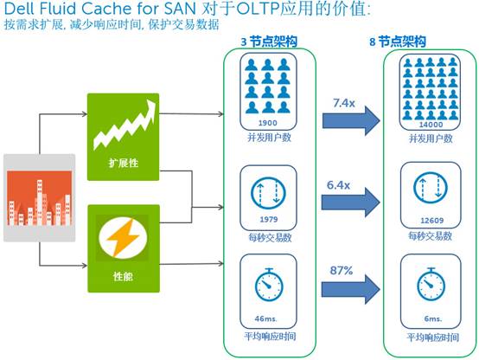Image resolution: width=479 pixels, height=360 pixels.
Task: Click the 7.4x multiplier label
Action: (x=343, y=103)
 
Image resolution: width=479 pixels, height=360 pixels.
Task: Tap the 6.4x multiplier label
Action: (x=338, y=184)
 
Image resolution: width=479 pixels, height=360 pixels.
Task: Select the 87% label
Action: (x=342, y=270)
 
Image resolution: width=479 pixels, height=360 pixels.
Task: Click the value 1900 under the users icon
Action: (x=268, y=123)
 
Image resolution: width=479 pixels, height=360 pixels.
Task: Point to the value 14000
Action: (x=431, y=125)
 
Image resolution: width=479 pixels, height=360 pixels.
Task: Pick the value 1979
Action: (x=269, y=219)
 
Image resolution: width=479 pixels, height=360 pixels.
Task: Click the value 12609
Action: (x=432, y=220)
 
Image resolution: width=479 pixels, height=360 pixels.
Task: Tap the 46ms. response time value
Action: (x=265, y=318)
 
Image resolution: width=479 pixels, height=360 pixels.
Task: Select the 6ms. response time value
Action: (x=433, y=318)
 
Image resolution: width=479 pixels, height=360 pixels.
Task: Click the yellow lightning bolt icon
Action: (x=123, y=238)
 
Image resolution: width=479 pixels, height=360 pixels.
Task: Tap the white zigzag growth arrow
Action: (x=125, y=125)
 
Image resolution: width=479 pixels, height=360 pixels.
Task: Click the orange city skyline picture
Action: (x=40, y=198)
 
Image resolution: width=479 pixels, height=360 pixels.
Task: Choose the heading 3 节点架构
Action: (x=269, y=42)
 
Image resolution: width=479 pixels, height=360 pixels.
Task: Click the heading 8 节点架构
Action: (x=398, y=42)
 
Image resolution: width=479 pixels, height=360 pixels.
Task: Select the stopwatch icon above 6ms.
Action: (x=431, y=284)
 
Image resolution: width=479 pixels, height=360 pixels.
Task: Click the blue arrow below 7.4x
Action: (x=351, y=120)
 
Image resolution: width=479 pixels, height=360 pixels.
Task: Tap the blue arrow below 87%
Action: (x=351, y=289)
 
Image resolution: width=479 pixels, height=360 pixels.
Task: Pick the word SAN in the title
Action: (x=180, y=9)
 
